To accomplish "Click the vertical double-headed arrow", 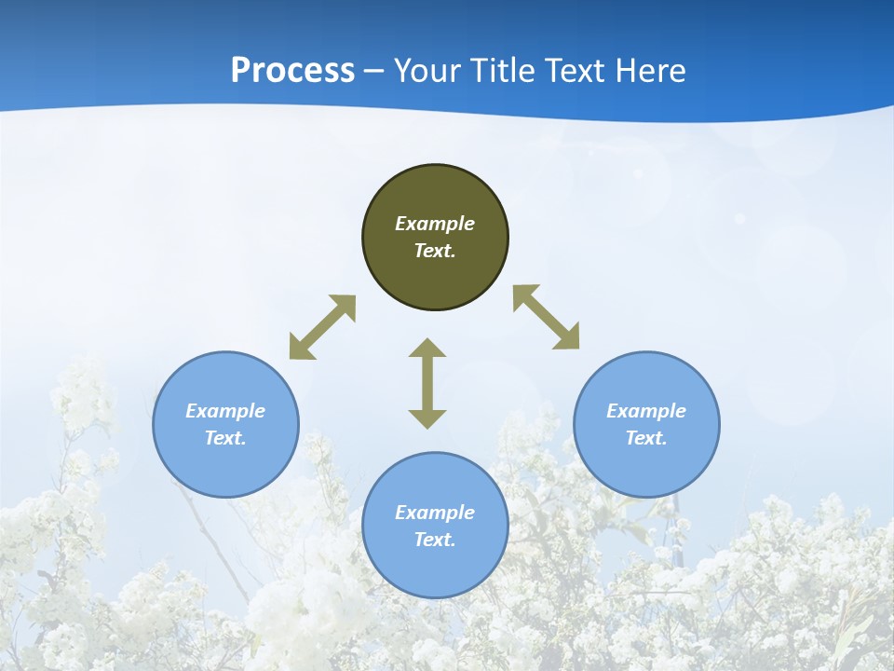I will [x=427, y=383].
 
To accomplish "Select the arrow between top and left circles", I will [x=322, y=327].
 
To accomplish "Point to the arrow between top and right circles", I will [x=547, y=317].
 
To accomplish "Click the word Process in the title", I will [x=292, y=70].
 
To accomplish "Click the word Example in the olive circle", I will [x=435, y=224].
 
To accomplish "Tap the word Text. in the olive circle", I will [x=435, y=251].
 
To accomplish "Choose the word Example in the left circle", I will [x=225, y=411].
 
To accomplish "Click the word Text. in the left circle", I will [x=225, y=438].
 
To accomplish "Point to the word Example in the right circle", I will [x=646, y=411].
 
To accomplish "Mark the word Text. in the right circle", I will [x=646, y=438].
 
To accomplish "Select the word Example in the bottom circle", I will [x=435, y=513].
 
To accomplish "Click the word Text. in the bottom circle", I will [x=435, y=540].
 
